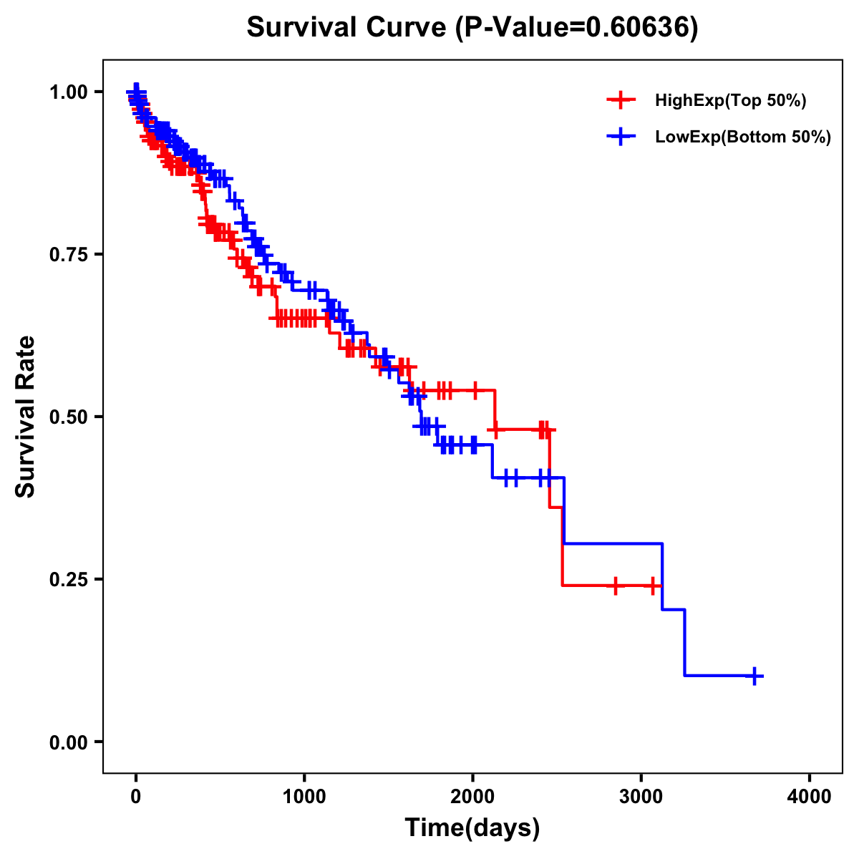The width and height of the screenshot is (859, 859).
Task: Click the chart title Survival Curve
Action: coord(346,28)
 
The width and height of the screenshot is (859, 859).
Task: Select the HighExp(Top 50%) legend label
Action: coord(731,101)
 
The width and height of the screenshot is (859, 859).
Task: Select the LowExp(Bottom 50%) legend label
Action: coord(743,137)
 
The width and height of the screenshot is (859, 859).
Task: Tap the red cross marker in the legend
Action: coord(621,100)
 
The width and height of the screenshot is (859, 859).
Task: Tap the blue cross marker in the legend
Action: coord(621,137)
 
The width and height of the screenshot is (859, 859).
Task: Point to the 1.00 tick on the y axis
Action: coord(67,92)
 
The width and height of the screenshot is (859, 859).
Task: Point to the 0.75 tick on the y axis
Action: coord(67,254)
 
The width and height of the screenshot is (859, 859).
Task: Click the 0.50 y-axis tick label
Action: coord(67,417)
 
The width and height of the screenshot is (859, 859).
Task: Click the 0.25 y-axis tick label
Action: coord(67,579)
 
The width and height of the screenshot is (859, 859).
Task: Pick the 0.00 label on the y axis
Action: coord(67,742)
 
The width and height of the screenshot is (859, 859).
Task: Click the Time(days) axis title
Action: coord(472,828)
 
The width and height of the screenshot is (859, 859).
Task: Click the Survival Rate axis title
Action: coord(26,417)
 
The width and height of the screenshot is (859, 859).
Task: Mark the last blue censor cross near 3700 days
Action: coord(754,676)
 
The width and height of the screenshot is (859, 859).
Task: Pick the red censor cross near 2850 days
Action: coord(615,586)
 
